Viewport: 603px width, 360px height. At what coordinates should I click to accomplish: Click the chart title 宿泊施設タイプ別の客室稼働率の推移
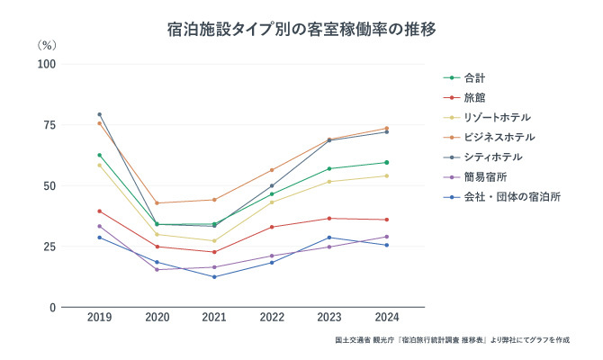point(301,30)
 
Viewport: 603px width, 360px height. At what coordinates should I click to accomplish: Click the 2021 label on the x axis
point(214,318)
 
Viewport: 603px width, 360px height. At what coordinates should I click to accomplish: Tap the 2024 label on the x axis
point(386,318)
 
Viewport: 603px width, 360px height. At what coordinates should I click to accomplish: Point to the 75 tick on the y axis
point(47,125)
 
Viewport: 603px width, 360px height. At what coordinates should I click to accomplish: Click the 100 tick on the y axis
point(45,64)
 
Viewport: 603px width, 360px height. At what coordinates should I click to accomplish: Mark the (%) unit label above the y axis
point(47,45)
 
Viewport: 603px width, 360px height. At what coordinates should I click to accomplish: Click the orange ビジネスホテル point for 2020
point(157,202)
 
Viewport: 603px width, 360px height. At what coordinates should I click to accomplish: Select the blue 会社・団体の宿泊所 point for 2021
point(214,276)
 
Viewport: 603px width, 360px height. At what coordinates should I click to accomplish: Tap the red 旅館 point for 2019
point(99,211)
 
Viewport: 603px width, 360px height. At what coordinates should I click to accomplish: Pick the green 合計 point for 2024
point(386,163)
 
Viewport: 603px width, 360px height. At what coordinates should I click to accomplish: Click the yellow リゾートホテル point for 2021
point(214,240)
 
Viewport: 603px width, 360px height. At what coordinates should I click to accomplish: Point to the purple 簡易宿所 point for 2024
point(386,237)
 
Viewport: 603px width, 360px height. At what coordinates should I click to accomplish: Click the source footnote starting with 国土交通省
point(450,340)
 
